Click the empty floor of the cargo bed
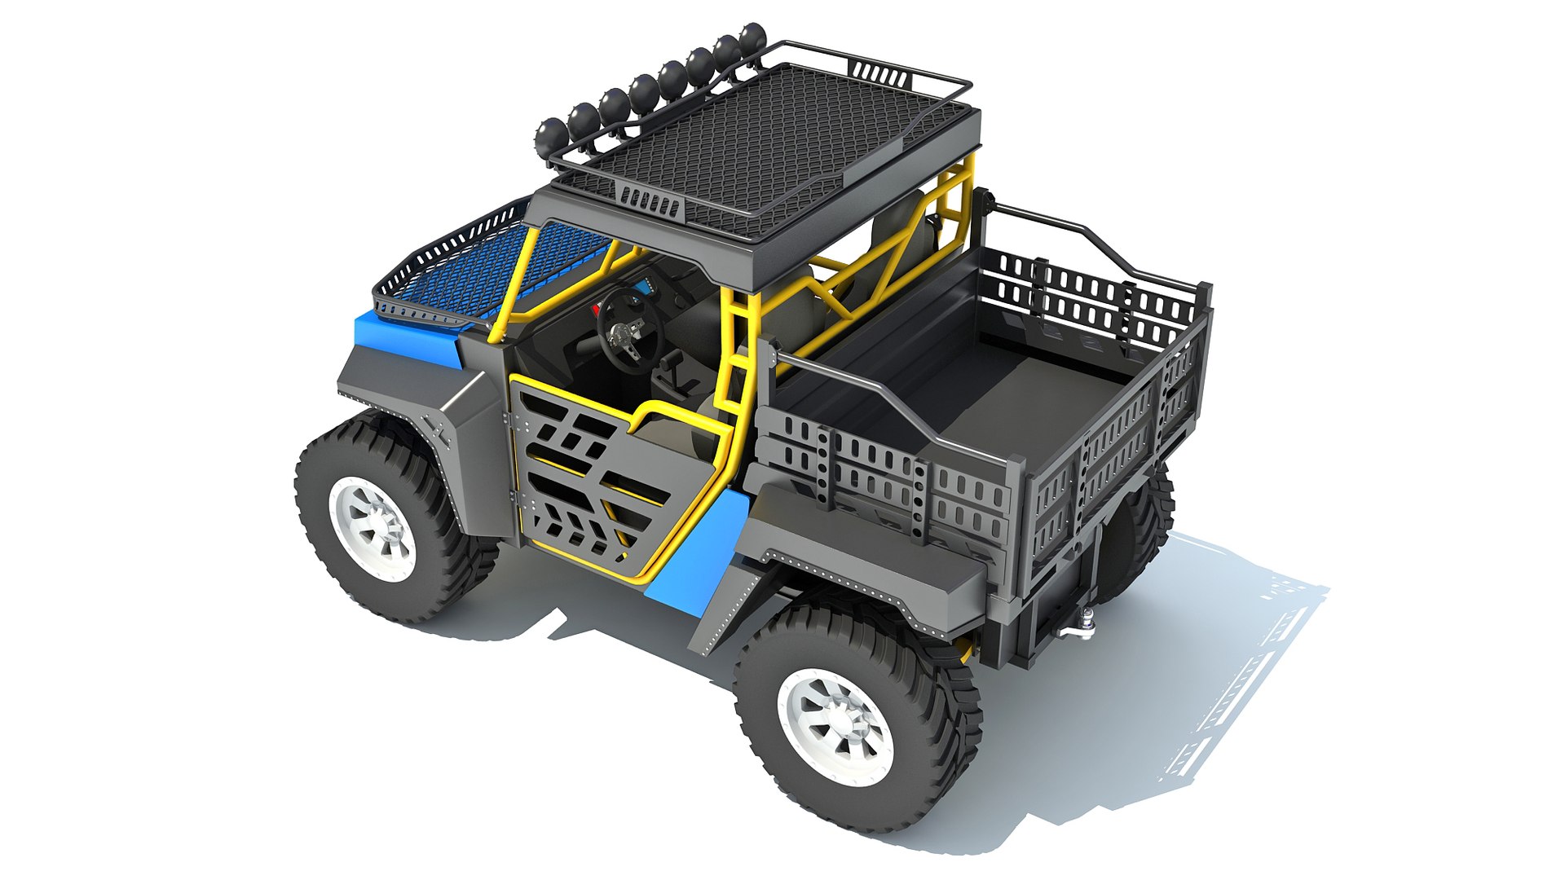click(1003, 383)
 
